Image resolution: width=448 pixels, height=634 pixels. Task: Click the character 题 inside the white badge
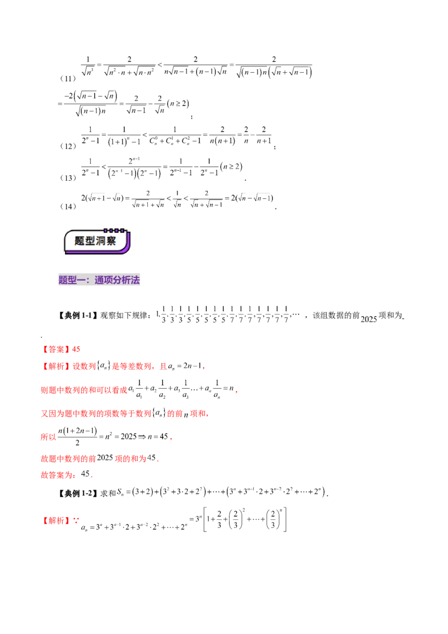click(x=80, y=241)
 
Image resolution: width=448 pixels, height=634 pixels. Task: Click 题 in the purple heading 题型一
click(x=63, y=281)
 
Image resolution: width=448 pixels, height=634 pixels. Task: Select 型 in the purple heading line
click(x=71, y=281)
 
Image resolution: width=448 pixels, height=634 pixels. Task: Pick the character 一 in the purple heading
click(x=80, y=281)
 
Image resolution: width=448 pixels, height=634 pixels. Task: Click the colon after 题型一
click(x=88, y=281)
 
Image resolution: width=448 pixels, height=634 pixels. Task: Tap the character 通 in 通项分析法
click(x=99, y=281)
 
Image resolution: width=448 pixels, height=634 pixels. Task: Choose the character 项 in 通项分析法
click(x=108, y=281)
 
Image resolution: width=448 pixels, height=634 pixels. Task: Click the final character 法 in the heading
click(x=135, y=281)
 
